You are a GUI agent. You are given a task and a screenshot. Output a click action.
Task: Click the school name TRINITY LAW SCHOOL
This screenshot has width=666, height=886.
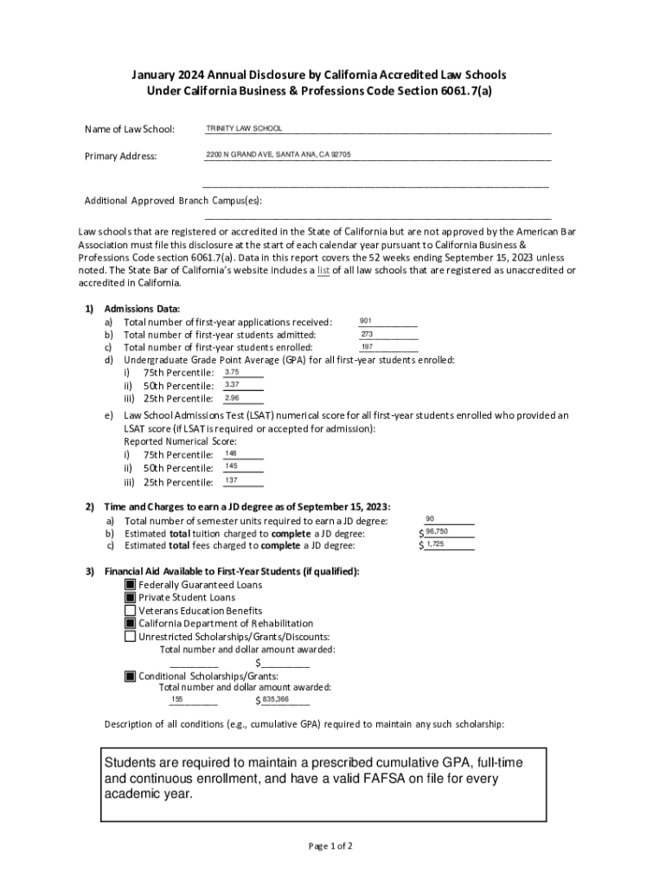244,129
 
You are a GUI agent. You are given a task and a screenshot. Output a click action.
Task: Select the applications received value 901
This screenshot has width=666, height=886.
366,321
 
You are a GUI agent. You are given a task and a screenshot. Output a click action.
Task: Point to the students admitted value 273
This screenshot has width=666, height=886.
367,334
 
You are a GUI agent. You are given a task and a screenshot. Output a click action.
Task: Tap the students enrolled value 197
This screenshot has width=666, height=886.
367,347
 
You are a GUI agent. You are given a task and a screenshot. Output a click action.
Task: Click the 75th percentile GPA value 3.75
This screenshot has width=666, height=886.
232,372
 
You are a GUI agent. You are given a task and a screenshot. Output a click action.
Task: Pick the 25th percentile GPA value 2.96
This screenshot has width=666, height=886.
232,398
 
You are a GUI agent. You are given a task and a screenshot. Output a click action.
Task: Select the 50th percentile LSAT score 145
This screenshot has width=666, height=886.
231,466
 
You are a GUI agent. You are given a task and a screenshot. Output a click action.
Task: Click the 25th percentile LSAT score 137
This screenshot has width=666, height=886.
231,480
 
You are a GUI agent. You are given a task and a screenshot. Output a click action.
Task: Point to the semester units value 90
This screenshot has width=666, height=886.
430,518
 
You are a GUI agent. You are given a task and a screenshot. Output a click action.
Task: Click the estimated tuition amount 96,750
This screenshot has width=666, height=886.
437,531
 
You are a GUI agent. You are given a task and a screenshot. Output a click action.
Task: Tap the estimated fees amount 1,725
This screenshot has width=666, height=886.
435,544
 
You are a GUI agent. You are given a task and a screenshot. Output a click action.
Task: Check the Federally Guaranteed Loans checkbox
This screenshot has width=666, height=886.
131,585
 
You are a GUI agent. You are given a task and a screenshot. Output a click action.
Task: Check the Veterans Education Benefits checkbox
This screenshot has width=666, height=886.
131,611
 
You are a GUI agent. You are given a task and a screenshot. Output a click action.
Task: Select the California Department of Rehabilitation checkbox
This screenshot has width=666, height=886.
131,624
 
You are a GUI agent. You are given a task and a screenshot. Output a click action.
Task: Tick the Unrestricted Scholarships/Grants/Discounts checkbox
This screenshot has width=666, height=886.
131,637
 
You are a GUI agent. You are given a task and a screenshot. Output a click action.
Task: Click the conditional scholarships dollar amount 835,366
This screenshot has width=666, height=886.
276,699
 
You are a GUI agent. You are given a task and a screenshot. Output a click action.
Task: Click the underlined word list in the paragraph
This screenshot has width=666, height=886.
323,271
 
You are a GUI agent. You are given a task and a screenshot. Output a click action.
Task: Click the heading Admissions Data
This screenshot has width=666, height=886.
142,309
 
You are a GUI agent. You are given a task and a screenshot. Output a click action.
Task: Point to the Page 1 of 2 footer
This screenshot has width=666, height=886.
330,845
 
